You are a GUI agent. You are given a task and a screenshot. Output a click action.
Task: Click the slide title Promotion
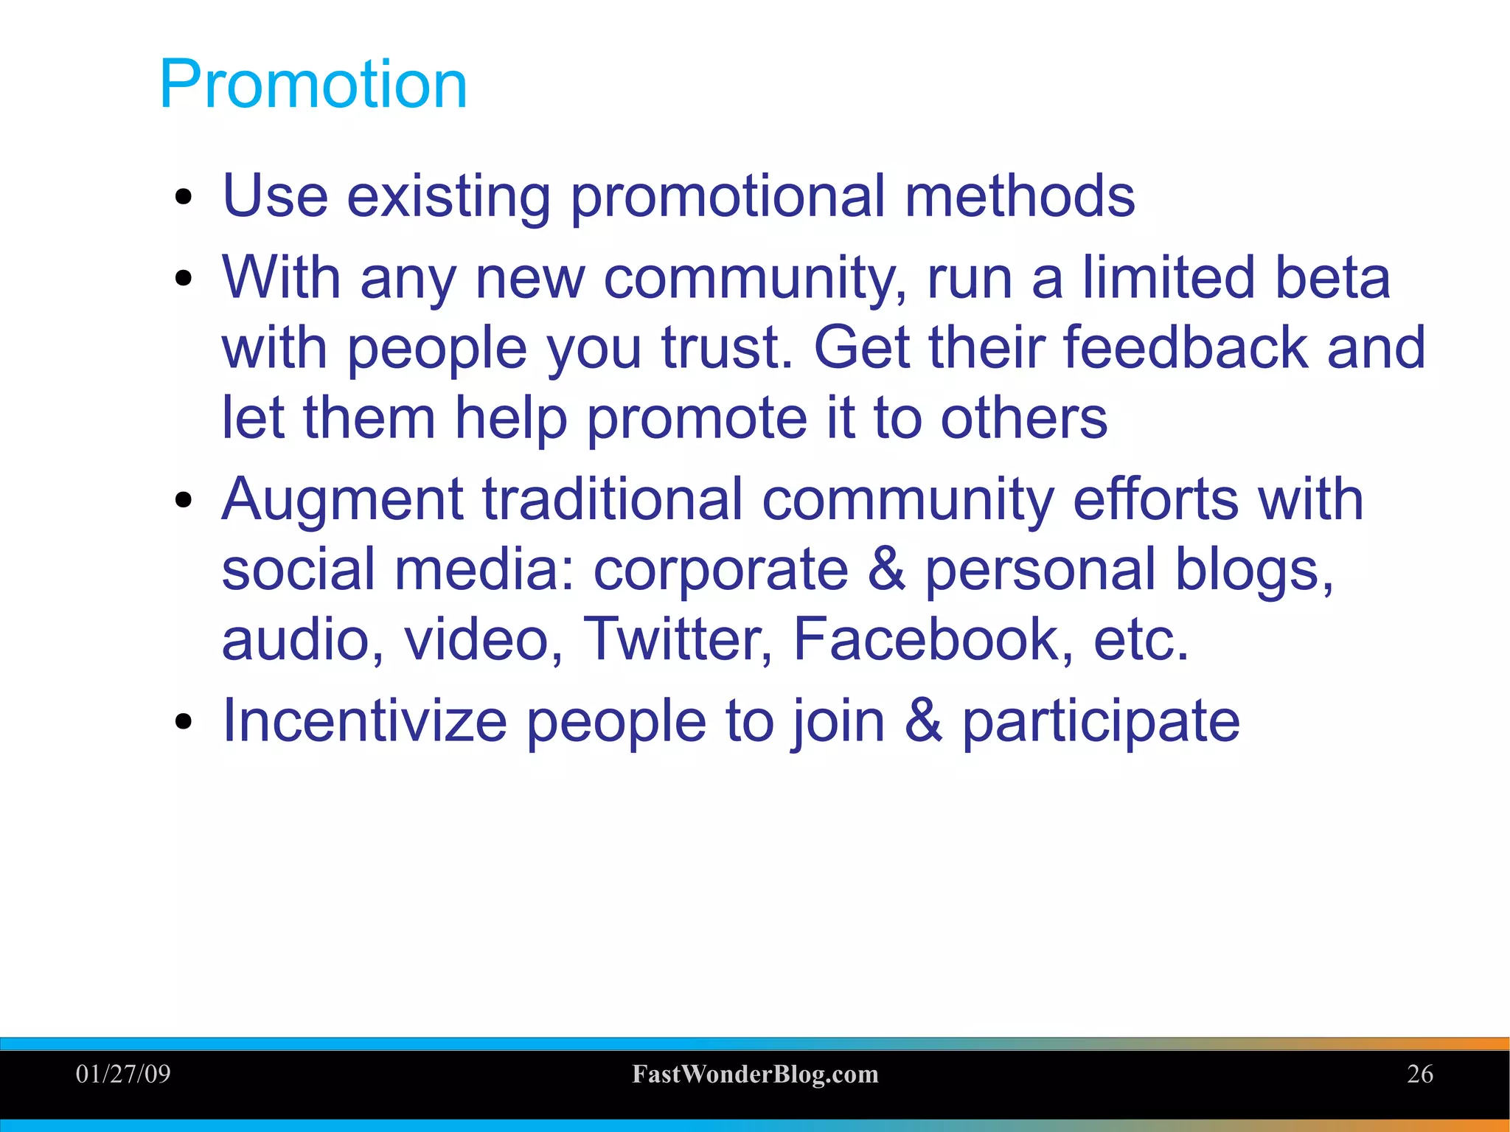click(x=313, y=85)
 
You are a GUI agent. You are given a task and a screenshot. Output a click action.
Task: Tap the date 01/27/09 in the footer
click(x=123, y=1074)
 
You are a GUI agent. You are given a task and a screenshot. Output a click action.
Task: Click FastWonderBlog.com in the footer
click(x=755, y=1074)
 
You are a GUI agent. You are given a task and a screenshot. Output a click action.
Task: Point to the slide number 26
click(x=1419, y=1074)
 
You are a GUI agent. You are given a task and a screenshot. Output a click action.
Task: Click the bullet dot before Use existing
click(x=184, y=198)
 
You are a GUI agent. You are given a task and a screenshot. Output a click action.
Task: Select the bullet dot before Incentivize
click(x=184, y=723)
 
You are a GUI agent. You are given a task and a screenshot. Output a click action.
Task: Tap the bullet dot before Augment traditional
click(x=184, y=501)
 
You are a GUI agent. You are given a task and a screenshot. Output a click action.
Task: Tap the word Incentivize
click(x=364, y=720)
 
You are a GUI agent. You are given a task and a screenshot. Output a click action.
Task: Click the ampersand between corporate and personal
click(x=886, y=569)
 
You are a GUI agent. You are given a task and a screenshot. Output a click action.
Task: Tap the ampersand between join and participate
click(x=923, y=720)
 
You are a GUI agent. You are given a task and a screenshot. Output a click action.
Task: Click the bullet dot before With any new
click(x=184, y=279)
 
